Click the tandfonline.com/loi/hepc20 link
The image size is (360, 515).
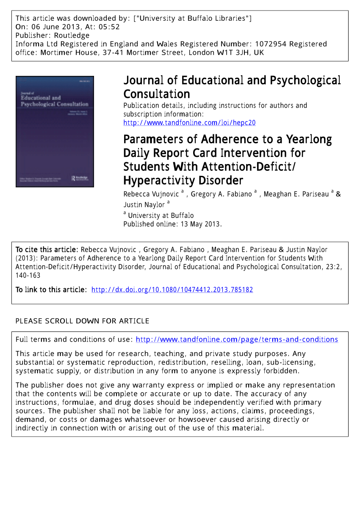click(x=189, y=123)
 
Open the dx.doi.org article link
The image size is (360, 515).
click(x=172, y=290)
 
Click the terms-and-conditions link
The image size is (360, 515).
click(x=237, y=339)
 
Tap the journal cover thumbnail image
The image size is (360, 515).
click(x=55, y=131)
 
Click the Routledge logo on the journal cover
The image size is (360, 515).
click(x=80, y=178)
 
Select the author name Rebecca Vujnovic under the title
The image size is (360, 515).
click(x=151, y=194)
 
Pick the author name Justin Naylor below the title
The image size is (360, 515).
click(x=144, y=205)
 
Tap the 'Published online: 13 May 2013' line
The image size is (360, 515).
click(x=172, y=224)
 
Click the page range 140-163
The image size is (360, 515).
click(x=28, y=275)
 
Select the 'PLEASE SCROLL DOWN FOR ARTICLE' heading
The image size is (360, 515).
click(x=82, y=321)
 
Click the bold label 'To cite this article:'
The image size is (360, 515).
click(x=47, y=250)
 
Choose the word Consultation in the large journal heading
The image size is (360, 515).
click(x=157, y=94)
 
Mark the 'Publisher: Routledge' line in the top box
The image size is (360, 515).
click(x=53, y=35)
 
